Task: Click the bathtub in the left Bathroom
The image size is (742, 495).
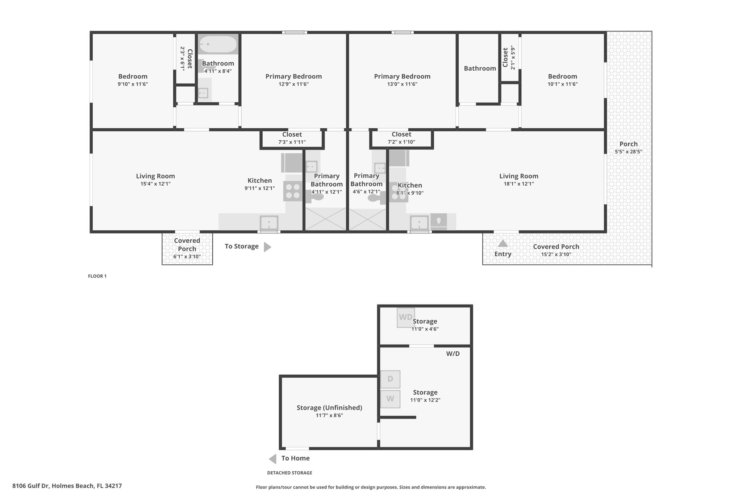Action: pos(218,44)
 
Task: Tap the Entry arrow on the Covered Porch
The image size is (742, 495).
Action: pos(503,243)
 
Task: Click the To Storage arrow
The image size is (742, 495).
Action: pos(267,247)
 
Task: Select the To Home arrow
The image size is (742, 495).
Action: pos(272,459)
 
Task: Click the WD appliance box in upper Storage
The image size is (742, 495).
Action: pos(406,318)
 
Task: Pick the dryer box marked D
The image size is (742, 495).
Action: pos(390,379)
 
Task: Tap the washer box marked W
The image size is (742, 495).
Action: pos(390,399)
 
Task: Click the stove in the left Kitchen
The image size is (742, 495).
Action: pos(293,191)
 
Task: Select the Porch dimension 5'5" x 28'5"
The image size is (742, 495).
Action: pos(629,152)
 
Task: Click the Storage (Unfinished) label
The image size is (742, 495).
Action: pos(329,408)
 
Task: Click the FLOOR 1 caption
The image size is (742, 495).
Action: pos(97,276)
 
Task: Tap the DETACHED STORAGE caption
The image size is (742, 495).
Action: pos(289,473)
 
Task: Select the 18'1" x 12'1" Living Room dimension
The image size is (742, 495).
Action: pos(519,184)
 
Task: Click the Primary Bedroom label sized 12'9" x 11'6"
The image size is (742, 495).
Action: pos(293,77)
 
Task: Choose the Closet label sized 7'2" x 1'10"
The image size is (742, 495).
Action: pos(401,135)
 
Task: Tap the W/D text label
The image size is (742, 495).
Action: pos(453,354)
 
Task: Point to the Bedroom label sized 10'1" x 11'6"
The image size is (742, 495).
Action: pos(562,77)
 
